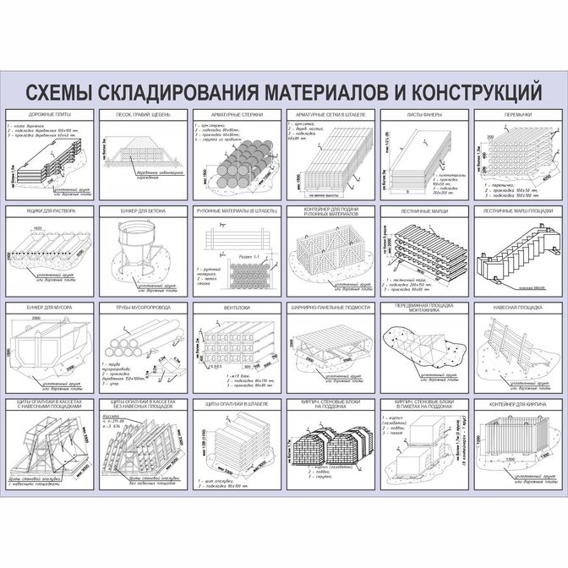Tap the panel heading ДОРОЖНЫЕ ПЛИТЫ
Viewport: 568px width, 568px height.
pos(51,114)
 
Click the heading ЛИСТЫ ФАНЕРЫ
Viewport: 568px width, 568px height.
pos(423,114)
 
